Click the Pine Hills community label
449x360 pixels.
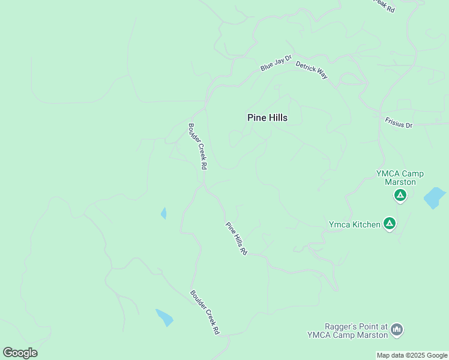(x=267, y=118)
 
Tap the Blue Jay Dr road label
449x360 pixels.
(x=276, y=63)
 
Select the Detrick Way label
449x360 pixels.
(x=312, y=70)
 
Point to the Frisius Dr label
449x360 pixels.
(x=399, y=123)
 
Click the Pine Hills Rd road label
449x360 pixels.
(x=237, y=239)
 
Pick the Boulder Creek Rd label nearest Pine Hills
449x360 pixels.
(x=197, y=146)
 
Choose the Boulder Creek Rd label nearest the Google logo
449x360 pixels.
(x=205, y=312)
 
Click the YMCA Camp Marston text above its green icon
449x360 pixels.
(x=400, y=178)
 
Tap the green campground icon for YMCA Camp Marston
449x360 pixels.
(x=400, y=196)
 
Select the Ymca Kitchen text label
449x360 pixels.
(x=354, y=225)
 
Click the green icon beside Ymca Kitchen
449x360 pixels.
(x=390, y=224)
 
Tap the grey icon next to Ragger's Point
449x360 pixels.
(x=396, y=329)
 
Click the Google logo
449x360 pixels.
(x=20, y=353)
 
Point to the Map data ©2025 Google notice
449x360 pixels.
(x=412, y=355)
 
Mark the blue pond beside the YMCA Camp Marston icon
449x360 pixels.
(x=434, y=197)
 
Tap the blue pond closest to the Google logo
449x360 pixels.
(x=164, y=316)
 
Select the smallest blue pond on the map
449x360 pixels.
(x=163, y=213)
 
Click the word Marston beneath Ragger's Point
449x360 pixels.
(x=372, y=335)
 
